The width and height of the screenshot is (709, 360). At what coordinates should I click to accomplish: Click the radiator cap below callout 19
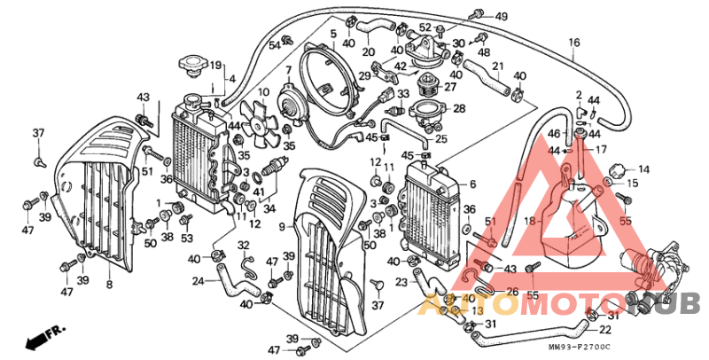click(x=191, y=66)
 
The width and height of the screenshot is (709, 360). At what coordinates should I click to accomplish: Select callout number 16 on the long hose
click(x=573, y=43)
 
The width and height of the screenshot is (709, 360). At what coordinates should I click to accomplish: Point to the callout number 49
click(x=501, y=17)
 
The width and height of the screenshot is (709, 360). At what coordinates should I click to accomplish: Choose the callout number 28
click(x=459, y=108)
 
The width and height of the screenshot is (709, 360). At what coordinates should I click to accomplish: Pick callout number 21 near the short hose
click(x=496, y=66)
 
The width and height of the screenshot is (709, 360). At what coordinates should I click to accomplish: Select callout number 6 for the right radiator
click(x=472, y=184)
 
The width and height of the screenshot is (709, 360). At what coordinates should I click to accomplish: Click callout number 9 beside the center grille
click(x=281, y=227)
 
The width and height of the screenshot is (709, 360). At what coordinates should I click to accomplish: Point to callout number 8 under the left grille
click(x=109, y=285)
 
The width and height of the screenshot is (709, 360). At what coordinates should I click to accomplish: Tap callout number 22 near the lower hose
click(x=605, y=330)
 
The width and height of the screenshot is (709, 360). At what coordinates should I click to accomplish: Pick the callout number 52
click(x=425, y=27)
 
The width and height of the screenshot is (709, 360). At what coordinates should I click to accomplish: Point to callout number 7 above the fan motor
click(x=288, y=70)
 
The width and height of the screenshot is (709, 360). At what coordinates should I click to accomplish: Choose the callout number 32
click(x=243, y=245)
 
